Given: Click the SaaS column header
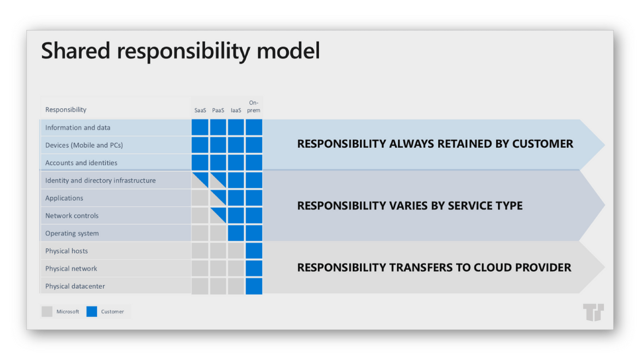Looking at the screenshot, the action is click(200, 110).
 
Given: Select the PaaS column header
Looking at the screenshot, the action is click(218, 110).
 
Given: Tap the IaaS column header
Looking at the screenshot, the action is click(236, 110).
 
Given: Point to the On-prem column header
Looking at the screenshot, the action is click(253, 107).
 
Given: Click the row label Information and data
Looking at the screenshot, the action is click(78, 127).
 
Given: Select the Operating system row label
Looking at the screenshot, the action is click(72, 234).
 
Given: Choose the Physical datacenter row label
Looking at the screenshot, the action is click(75, 286).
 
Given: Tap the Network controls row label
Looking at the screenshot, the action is click(72, 216).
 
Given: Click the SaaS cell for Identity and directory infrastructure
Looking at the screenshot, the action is click(200, 180).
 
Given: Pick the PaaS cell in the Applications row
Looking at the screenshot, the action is click(218, 198).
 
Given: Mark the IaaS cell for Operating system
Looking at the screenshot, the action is click(236, 233).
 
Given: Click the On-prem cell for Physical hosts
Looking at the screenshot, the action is click(254, 251).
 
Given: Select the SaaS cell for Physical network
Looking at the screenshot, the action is click(200, 268).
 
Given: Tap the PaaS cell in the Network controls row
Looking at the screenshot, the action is click(218, 215).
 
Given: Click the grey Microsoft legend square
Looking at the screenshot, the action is click(47, 311).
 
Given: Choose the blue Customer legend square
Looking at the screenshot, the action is click(92, 311).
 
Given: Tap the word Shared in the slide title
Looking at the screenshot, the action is click(76, 51).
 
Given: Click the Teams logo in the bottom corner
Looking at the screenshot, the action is click(594, 312).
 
